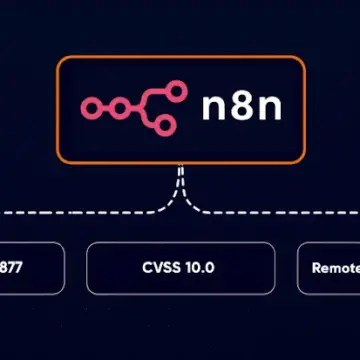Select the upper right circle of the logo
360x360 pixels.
[x=177, y=92]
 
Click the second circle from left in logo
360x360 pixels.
[x=114, y=108]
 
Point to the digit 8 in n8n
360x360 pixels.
[x=241, y=108]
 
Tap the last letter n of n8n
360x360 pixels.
[x=266, y=109]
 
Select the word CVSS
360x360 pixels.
[x=158, y=268]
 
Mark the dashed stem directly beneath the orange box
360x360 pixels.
[x=180, y=175]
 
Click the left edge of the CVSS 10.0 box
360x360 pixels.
[x=87, y=268]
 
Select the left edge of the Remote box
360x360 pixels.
[x=298, y=268]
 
